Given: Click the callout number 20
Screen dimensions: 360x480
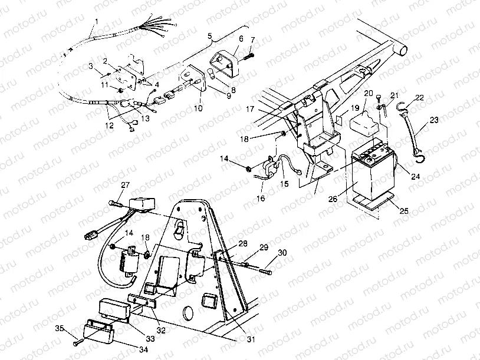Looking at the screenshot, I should pos(369,94).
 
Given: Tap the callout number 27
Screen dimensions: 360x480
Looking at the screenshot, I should pos(125,185).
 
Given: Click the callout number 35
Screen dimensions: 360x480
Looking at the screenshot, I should pos(60,328).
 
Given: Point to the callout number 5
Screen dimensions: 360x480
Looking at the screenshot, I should pos(209,37).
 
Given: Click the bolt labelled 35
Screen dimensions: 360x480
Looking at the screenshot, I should pos(77,341).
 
